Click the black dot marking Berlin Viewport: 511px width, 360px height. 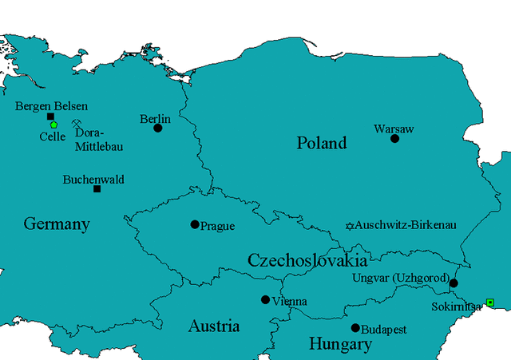point(158,128)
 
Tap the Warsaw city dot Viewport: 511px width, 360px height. point(394,138)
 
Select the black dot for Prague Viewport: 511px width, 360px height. point(194,224)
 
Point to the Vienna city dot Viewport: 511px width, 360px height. point(265,300)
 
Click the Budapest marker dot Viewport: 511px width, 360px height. point(355,328)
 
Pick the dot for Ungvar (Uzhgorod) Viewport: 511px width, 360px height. point(454,283)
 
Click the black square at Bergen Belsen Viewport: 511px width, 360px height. point(50,117)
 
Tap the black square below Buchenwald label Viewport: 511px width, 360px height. point(97,189)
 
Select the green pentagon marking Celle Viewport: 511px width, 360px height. point(53,125)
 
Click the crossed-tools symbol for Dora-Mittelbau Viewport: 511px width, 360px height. point(77,123)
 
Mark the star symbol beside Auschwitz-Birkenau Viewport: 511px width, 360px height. point(348,226)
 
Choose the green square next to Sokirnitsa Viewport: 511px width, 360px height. point(489,302)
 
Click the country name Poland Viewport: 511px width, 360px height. point(322,144)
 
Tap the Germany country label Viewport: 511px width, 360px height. point(56,224)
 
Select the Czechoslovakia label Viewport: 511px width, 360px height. point(307,260)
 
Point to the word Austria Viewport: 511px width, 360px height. point(213,326)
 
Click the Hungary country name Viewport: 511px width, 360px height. point(340,345)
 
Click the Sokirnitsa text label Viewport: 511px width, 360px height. point(457,305)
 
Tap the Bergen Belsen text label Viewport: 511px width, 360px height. point(52,105)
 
